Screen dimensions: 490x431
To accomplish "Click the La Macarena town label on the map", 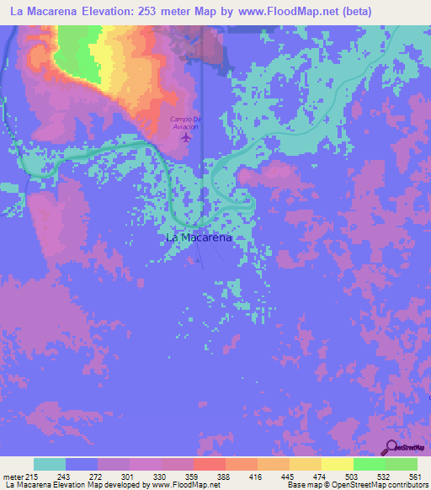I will tap(199, 237).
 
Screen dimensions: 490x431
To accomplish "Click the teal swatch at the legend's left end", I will tap(50, 464).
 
